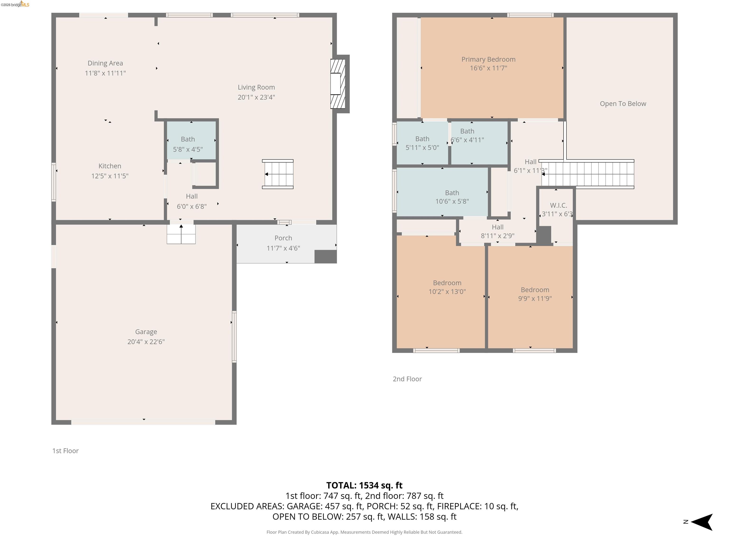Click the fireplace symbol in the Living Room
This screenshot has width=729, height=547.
click(338, 84)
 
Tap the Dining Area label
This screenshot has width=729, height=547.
click(105, 63)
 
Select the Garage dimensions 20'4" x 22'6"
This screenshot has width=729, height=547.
click(146, 342)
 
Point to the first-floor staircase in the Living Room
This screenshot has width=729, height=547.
click(278, 174)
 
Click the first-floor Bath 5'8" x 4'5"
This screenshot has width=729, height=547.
click(188, 144)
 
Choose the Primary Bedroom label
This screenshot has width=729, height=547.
click(488, 59)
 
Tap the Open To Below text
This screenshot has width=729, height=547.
click(622, 104)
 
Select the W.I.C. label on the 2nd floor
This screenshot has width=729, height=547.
click(558, 205)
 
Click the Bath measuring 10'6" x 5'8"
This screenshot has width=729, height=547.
click(452, 197)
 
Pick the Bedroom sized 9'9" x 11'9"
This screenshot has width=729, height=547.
click(535, 294)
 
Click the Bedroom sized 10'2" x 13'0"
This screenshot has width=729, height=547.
click(447, 287)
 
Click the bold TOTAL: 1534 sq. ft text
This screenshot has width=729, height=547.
click(364, 485)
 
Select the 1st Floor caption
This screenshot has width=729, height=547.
click(65, 451)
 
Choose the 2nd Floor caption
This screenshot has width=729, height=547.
click(407, 379)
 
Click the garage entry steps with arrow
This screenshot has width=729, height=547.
click(181, 234)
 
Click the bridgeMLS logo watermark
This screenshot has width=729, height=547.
click(15, 4)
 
